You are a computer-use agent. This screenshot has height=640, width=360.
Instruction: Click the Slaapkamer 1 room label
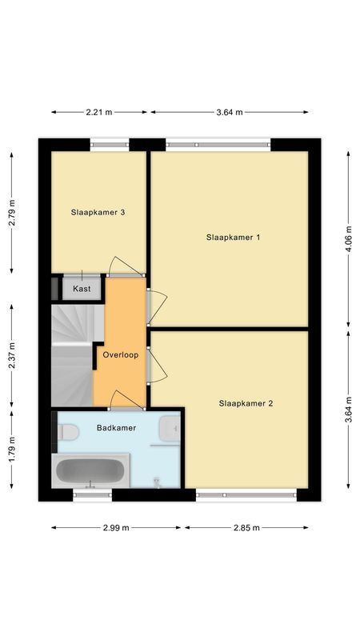pos(233,238)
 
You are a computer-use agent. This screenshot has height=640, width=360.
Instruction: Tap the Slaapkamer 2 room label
pos(246,404)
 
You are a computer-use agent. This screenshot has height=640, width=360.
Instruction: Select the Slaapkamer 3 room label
pos(98,213)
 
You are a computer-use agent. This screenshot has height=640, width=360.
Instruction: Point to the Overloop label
pos(121,354)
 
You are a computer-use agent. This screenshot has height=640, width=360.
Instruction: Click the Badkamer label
pos(116,428)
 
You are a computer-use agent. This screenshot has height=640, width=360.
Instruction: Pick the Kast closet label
pos(82,288)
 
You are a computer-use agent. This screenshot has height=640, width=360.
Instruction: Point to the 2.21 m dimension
pos(98,112)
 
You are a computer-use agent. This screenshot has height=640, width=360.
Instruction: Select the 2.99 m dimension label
pos(115,528)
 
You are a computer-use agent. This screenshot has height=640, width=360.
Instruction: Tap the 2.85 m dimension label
pos(246,528)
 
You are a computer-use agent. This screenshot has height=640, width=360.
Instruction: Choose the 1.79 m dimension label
pos(12,449)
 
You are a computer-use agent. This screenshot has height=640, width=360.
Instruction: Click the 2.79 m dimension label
pos(12,213)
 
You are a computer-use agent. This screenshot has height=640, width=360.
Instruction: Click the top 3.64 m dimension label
pos(230,112)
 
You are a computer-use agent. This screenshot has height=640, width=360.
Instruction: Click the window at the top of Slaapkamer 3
pos(110,146)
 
